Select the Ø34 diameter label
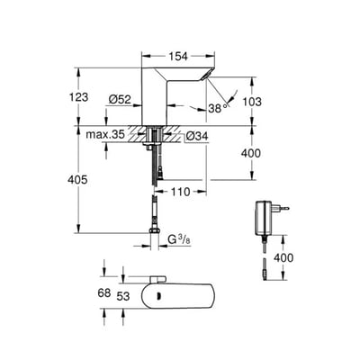[199, 138]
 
